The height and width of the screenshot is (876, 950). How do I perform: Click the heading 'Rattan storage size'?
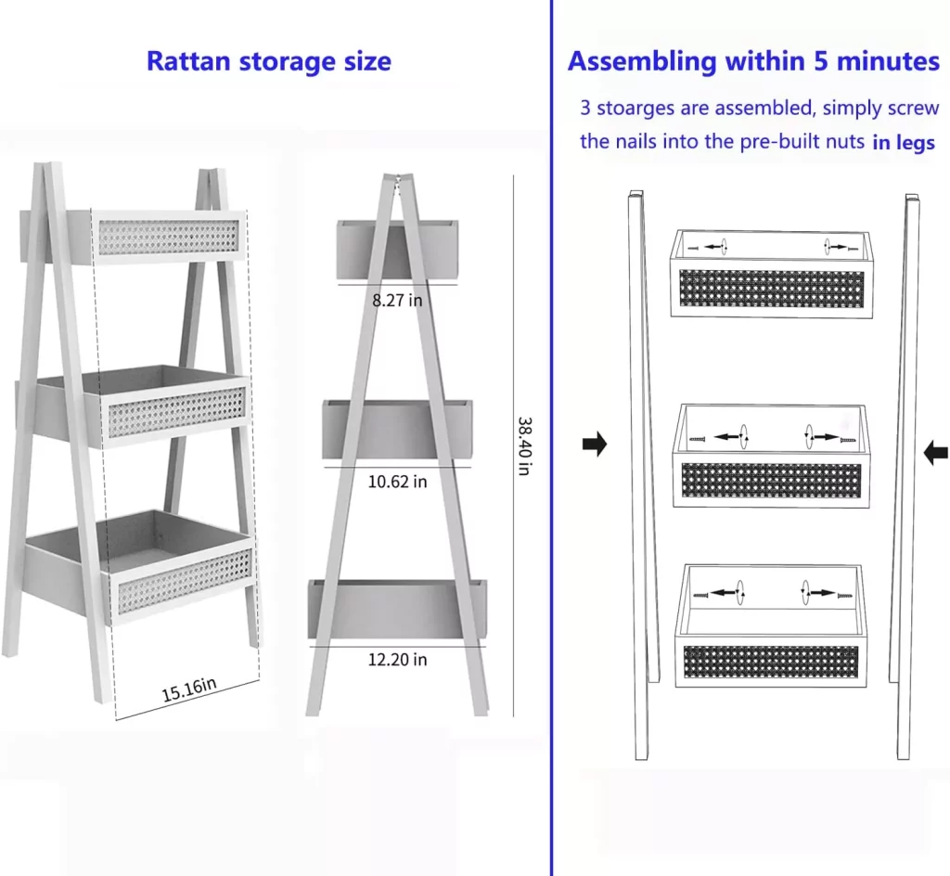pyautogui.click(x=268, y=62)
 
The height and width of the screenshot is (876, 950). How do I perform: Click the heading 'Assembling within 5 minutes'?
pyautogui.click(x=753, y=62)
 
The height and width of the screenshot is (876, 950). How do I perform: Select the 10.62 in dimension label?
pyautogui.click(x=397, y=482)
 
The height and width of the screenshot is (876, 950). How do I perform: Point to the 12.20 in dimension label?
pyautogui.click(x=397, y=660)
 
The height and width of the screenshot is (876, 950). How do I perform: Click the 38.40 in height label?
pyautogui.click(x=524, y=444)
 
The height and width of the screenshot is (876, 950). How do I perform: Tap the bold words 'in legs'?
pyautogui.click(x=903, y=143)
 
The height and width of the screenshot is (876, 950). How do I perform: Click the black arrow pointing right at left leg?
pyautogui.click(x=595, y=444)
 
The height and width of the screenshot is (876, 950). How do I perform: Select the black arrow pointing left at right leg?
pyautogui.click(x=936, y=453)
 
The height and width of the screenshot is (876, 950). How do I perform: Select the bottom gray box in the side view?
pyautogui.click(x=397, y=609)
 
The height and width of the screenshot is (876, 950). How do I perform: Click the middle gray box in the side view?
pyautogui.click(x=397, y=429)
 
